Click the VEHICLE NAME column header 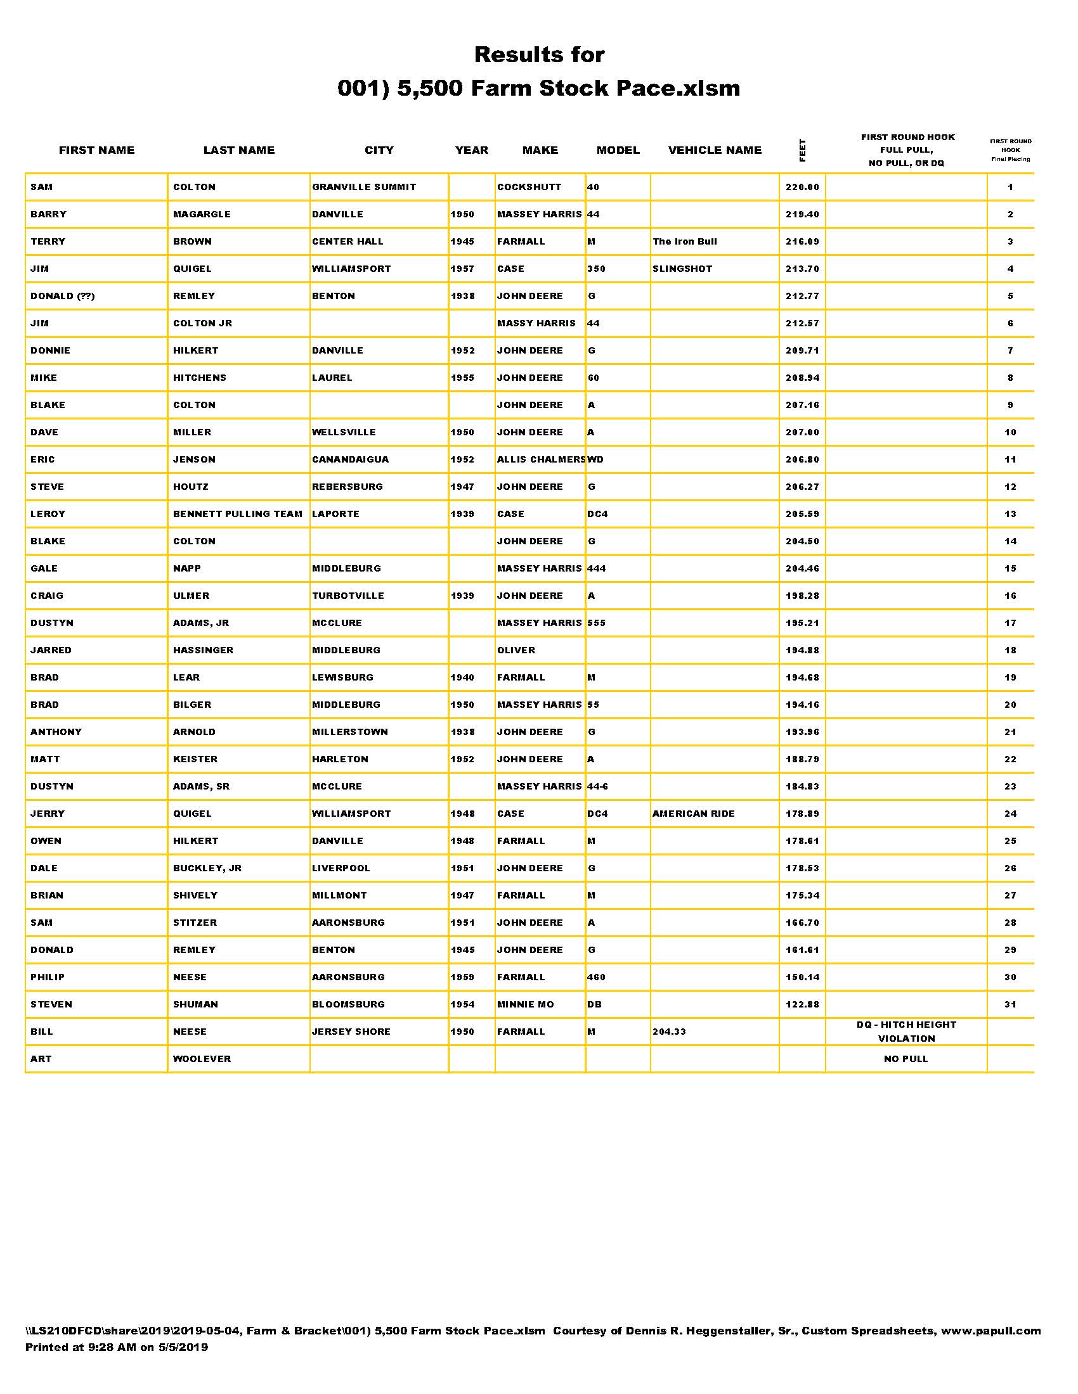(715, 150)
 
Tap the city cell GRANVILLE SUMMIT (364, 187)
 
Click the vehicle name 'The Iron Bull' (685, 241)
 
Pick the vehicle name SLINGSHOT (682, 269)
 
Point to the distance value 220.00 (802, 187)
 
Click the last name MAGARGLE (202, 214)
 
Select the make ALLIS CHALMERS (540, 459)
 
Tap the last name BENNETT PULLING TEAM (238, 514)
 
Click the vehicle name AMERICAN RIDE (694, 814)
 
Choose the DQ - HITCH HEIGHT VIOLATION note (906, 1032)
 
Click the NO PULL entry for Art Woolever (906, 1059)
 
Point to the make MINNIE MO (526, 1005)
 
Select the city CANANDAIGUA (350, 459)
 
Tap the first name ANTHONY (56, 732)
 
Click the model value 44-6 (598, 786)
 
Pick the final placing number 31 (1010, 1005)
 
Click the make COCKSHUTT (529, 187)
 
